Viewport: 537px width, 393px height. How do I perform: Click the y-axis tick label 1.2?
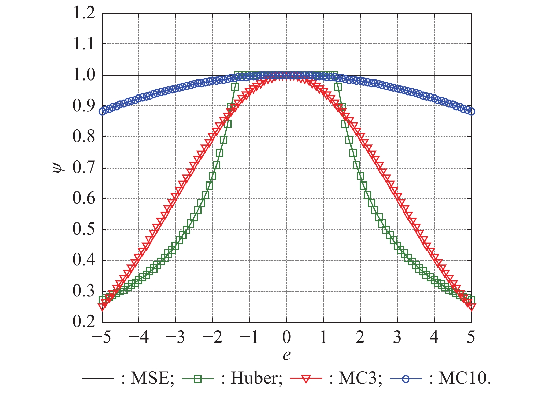84,14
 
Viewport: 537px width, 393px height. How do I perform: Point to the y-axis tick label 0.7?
84,168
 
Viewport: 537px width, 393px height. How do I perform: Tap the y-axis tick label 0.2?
84,322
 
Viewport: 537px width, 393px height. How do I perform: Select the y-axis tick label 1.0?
84,75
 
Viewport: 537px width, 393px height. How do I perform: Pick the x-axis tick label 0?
287,337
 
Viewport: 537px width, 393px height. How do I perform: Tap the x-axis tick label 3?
397,337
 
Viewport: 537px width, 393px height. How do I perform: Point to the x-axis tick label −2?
212,337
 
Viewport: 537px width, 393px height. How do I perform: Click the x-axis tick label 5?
471,337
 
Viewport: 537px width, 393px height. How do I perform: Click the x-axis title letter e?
287,355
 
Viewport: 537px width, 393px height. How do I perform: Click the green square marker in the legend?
198,378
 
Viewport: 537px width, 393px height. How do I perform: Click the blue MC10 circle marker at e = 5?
471,112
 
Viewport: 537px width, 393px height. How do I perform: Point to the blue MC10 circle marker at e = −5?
102,112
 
